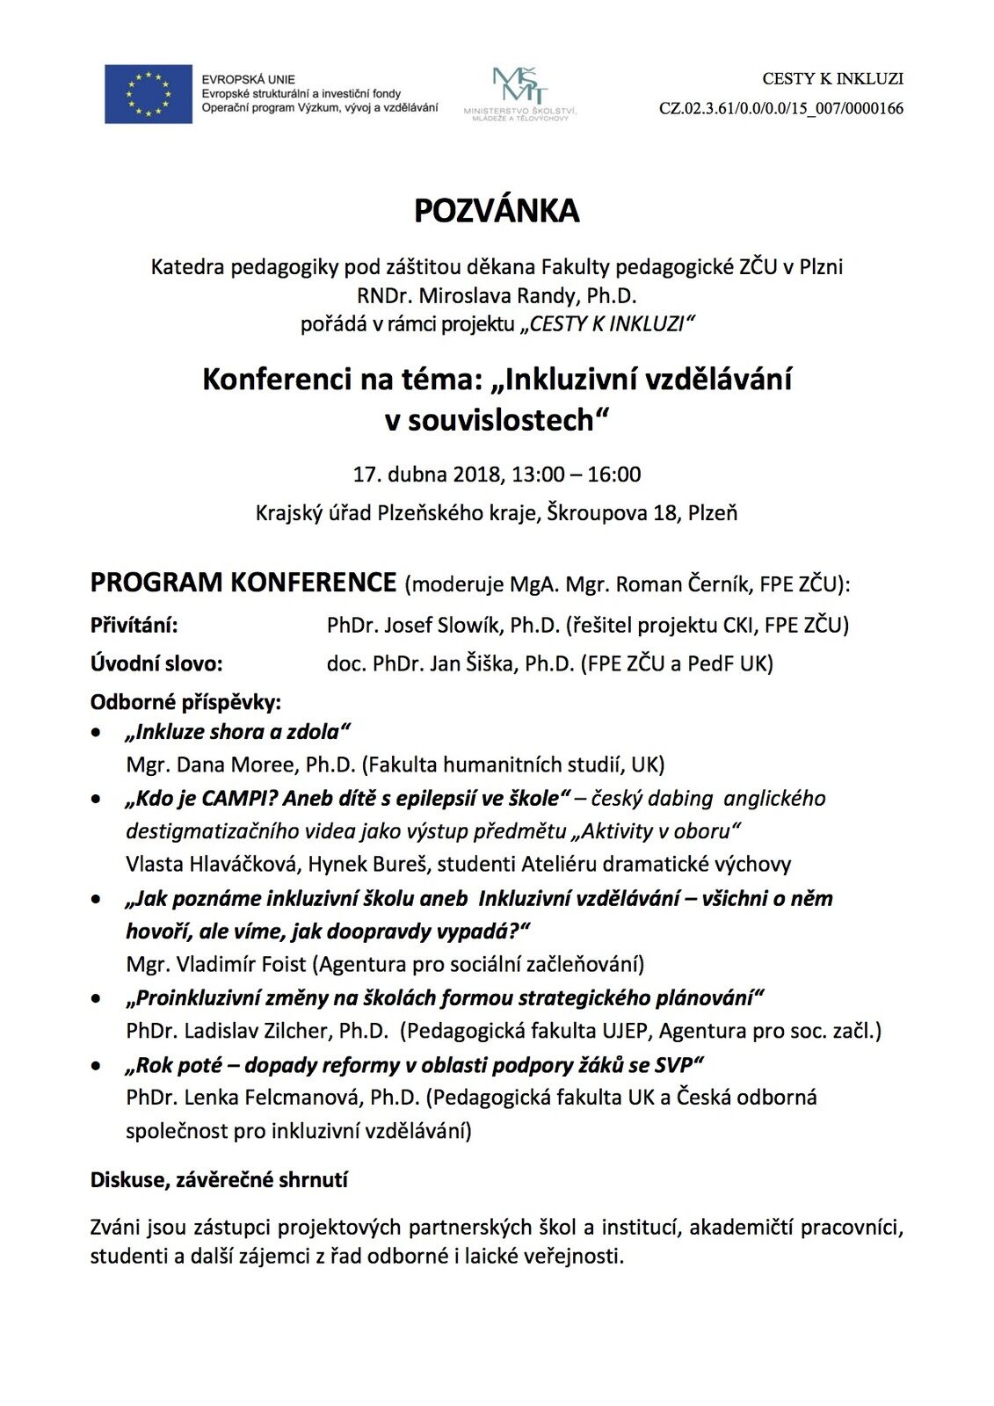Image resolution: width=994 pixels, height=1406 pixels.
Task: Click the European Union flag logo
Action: click(148, 94)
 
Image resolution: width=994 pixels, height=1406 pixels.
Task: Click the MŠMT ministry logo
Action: click(519, 92)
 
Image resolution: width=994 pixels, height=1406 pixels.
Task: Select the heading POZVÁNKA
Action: click(497, 211)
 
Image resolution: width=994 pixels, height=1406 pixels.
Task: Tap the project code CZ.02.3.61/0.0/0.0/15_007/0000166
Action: click(780, 109)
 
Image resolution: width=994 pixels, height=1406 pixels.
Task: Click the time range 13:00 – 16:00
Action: click(577, 475)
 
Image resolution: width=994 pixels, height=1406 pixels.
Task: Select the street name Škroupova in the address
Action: click(598, 512)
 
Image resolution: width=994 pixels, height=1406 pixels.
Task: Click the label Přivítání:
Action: click(134, 626)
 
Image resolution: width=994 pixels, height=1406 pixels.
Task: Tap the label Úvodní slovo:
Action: click(156, 663)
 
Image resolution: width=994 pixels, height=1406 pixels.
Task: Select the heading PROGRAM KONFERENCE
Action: click(243, 583)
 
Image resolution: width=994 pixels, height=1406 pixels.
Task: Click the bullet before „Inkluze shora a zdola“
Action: click(97, 732)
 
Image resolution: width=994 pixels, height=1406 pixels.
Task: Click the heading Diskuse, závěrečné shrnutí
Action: click(219, 1179)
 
